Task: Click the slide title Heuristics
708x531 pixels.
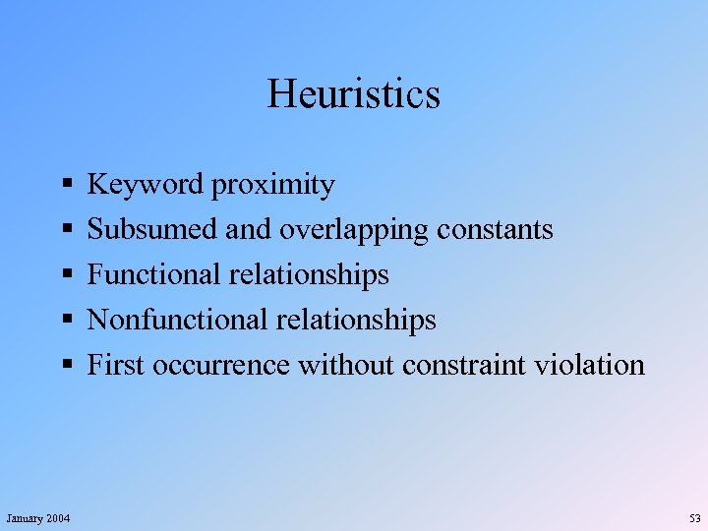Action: pos(353,94)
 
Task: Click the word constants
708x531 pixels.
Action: pos(495,230)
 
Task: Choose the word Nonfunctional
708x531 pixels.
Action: pos(177,321)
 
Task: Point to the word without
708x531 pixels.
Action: pos(344,366)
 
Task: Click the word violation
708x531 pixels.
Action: pos(590,366)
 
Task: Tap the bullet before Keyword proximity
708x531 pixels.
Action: pos(64,185)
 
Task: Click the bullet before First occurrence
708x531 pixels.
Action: pos(64,366)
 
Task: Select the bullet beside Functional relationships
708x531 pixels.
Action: pos(64,275)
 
